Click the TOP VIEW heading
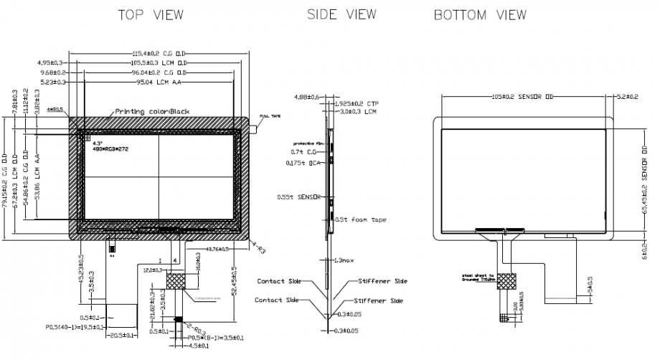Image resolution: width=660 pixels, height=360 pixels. (151, 15)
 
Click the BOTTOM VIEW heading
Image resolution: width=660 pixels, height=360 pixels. (481, 15)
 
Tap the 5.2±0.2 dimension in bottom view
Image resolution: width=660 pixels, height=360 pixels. (627, 96)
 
